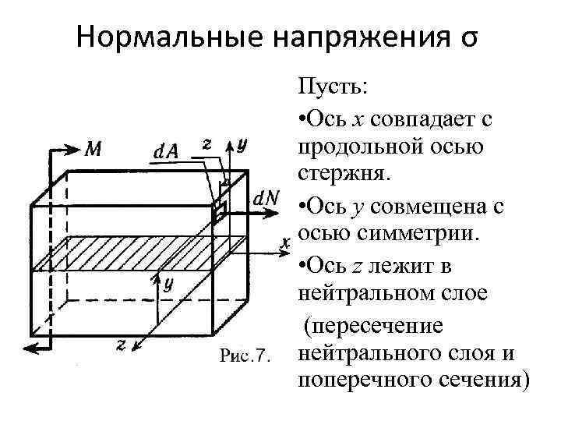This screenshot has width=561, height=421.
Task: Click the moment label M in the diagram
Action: pyautogui.click(x=92, y=149)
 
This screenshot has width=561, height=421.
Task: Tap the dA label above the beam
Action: pyautogui.click(x=166, y=151)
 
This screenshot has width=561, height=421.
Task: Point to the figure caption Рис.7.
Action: pyautogui.click(x=244, y=356)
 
